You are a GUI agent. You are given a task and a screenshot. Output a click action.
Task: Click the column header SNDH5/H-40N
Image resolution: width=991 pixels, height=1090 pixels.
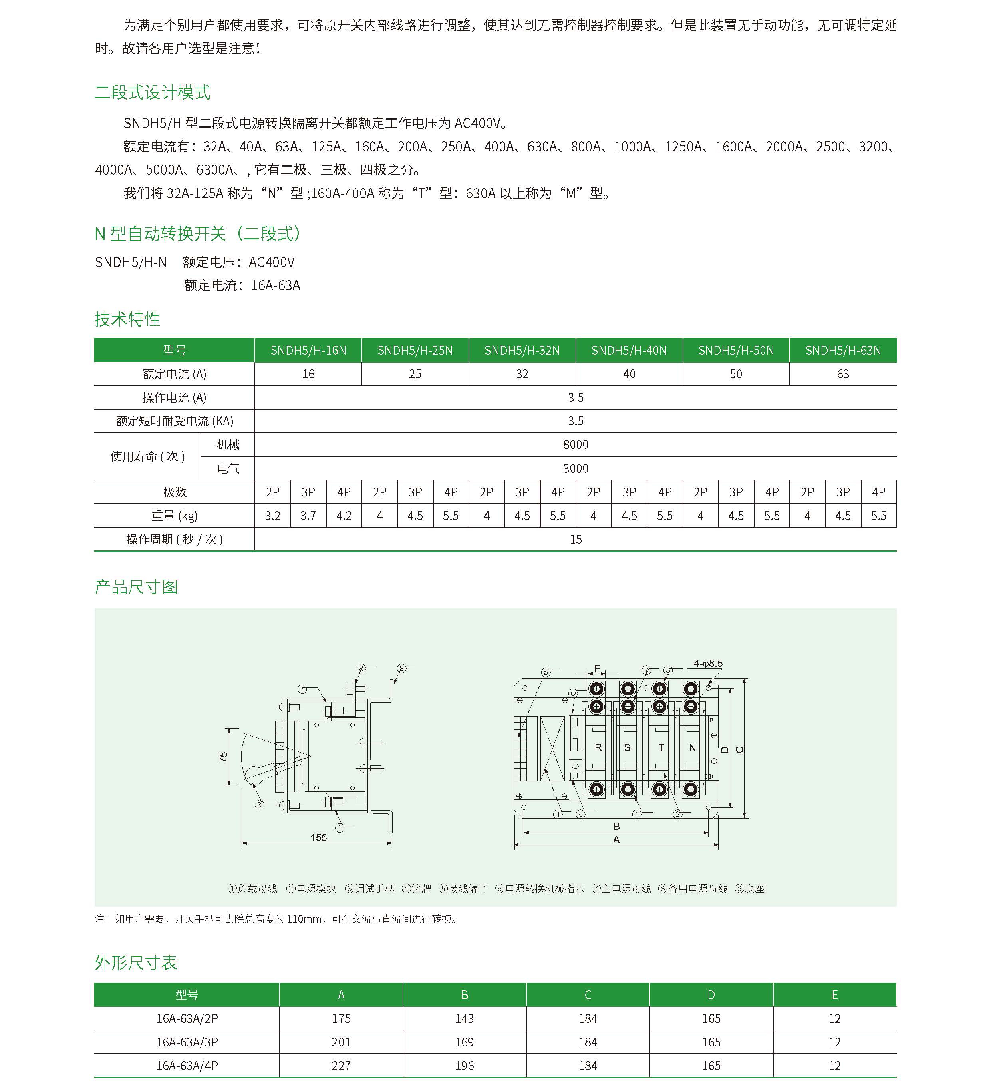coord(629,351)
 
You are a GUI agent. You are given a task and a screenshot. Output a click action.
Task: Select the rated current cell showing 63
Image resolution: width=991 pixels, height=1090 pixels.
coord(842,374)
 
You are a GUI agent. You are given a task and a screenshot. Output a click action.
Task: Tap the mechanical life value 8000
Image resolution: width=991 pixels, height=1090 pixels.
coord(576,445)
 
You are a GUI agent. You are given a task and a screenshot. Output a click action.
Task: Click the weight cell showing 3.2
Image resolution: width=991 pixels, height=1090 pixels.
coord(272,516)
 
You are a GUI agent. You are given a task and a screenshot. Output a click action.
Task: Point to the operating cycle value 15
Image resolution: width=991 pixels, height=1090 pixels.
coord(576,540)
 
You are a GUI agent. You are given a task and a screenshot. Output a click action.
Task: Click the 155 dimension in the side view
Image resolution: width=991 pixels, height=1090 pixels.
coord(318,837)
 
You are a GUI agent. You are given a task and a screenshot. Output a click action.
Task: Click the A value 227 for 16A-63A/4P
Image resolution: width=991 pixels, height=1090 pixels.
coord(341,1066)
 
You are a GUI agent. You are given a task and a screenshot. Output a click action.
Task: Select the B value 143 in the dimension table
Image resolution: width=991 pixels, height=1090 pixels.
coord(464,1018)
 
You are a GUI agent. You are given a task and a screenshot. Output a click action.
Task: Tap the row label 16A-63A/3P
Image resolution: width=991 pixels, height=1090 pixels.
coord(187,1042)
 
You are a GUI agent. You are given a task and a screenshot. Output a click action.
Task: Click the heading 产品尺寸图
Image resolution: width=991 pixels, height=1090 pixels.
coord(136,587)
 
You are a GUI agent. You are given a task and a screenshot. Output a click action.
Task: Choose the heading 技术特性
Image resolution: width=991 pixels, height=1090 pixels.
coord(127,319)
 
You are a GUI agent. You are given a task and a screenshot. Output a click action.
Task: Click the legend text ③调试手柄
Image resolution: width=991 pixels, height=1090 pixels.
coord(369,888)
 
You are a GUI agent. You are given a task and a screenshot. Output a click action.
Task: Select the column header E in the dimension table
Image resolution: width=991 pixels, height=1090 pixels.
coord(834,995)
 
